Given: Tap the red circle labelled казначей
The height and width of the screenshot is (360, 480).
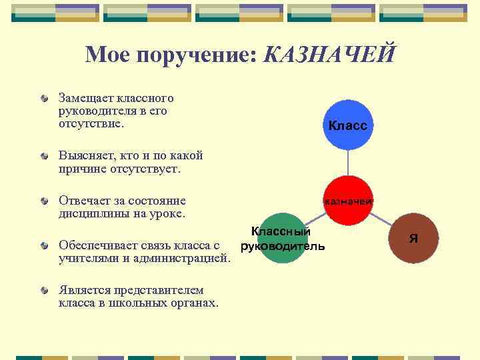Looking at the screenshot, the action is (x=348, y=200).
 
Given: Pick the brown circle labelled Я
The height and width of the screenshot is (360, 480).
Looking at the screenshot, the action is (x=414, y=238).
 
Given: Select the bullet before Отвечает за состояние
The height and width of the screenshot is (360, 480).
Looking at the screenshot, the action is (x=43, y=201).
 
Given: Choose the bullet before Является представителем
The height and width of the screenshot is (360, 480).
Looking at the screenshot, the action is (x=43, y=290).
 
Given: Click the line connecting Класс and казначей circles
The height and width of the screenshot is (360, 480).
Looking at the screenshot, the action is (x=348, y=163).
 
